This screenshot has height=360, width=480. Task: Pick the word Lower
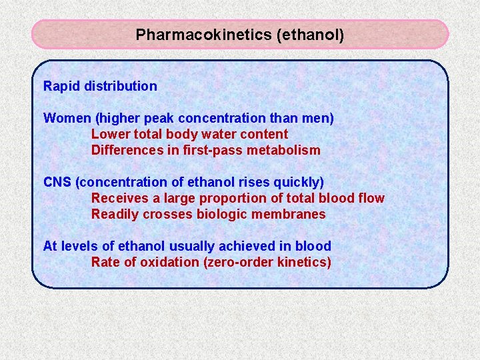tap(109, 134)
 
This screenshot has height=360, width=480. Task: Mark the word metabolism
tap(284, 150)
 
